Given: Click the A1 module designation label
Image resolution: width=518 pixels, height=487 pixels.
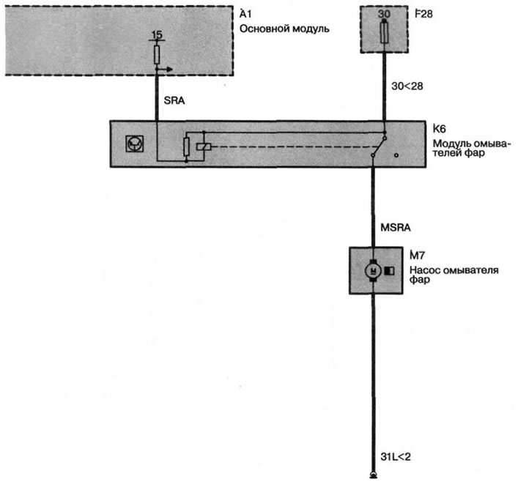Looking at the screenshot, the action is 245,14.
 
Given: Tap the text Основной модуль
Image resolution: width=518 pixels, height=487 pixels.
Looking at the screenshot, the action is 284,29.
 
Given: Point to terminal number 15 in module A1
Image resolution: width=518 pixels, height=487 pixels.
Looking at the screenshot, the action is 157,34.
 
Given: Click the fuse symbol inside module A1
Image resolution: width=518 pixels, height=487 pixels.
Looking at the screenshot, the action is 157,54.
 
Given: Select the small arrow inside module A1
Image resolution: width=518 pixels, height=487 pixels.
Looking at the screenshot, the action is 165,70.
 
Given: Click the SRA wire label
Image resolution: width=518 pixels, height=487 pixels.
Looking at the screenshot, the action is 174,100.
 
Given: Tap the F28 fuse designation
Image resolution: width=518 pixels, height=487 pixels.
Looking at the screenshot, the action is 423,14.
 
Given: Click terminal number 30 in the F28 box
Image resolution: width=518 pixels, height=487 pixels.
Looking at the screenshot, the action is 384,14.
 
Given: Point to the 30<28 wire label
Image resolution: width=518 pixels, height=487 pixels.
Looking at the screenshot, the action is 407,86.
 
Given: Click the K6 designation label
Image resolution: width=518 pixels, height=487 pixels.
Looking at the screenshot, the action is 439,129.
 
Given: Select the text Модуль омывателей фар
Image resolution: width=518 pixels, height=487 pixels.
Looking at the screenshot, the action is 472,148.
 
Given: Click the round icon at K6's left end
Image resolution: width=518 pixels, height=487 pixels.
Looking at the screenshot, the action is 135,144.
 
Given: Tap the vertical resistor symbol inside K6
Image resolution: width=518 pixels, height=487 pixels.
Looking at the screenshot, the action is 186,147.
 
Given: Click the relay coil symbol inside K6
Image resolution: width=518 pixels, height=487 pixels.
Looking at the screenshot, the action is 204,146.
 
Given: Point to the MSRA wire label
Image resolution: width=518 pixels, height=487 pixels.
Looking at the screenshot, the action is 396,228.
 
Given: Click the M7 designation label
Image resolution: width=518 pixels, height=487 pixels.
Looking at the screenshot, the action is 417,256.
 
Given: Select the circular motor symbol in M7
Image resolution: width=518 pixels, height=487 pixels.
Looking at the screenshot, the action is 373,271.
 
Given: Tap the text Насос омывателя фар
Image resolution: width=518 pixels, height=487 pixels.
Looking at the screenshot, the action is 454,275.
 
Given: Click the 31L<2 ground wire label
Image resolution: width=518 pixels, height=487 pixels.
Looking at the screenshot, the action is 396,457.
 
